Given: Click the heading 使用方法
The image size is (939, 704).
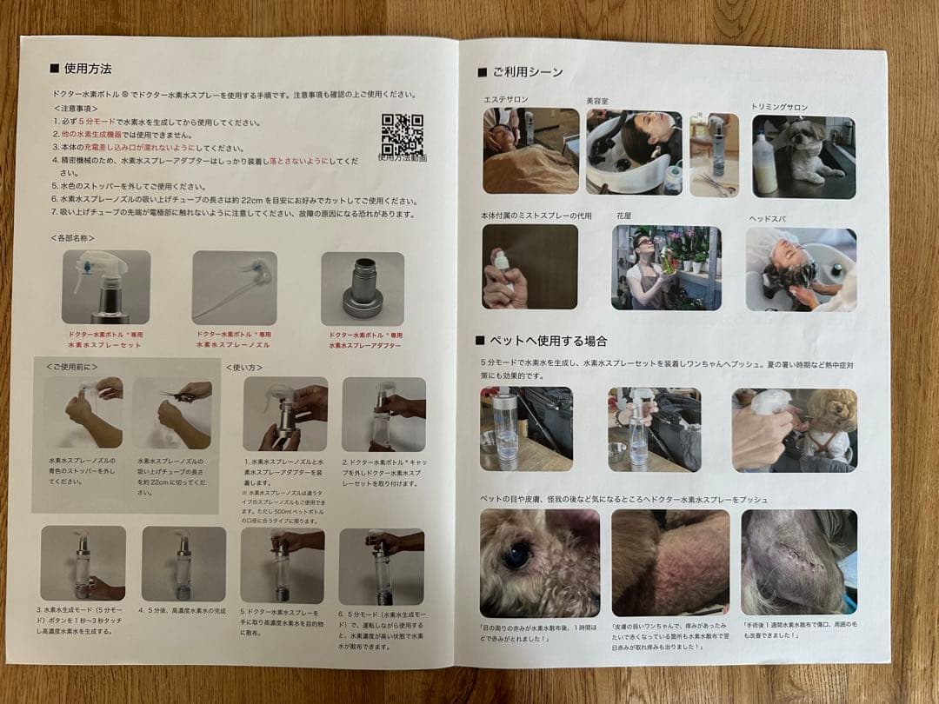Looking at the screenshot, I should click(x=87, y=68).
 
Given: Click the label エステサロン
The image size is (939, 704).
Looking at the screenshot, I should click(x=505, y=100).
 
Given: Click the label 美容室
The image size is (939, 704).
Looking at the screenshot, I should click(x=597, y=101).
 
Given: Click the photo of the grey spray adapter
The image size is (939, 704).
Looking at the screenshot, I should click(x=362, y=287).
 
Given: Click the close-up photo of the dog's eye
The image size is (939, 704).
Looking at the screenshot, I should click(x=539, y=561).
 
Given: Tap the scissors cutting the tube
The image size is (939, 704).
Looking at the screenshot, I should click(x=177, y=396).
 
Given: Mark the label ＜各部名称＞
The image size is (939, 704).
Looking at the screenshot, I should click(x=73, y=237).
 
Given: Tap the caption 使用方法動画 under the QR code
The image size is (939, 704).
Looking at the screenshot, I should click(x=403, y=158).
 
